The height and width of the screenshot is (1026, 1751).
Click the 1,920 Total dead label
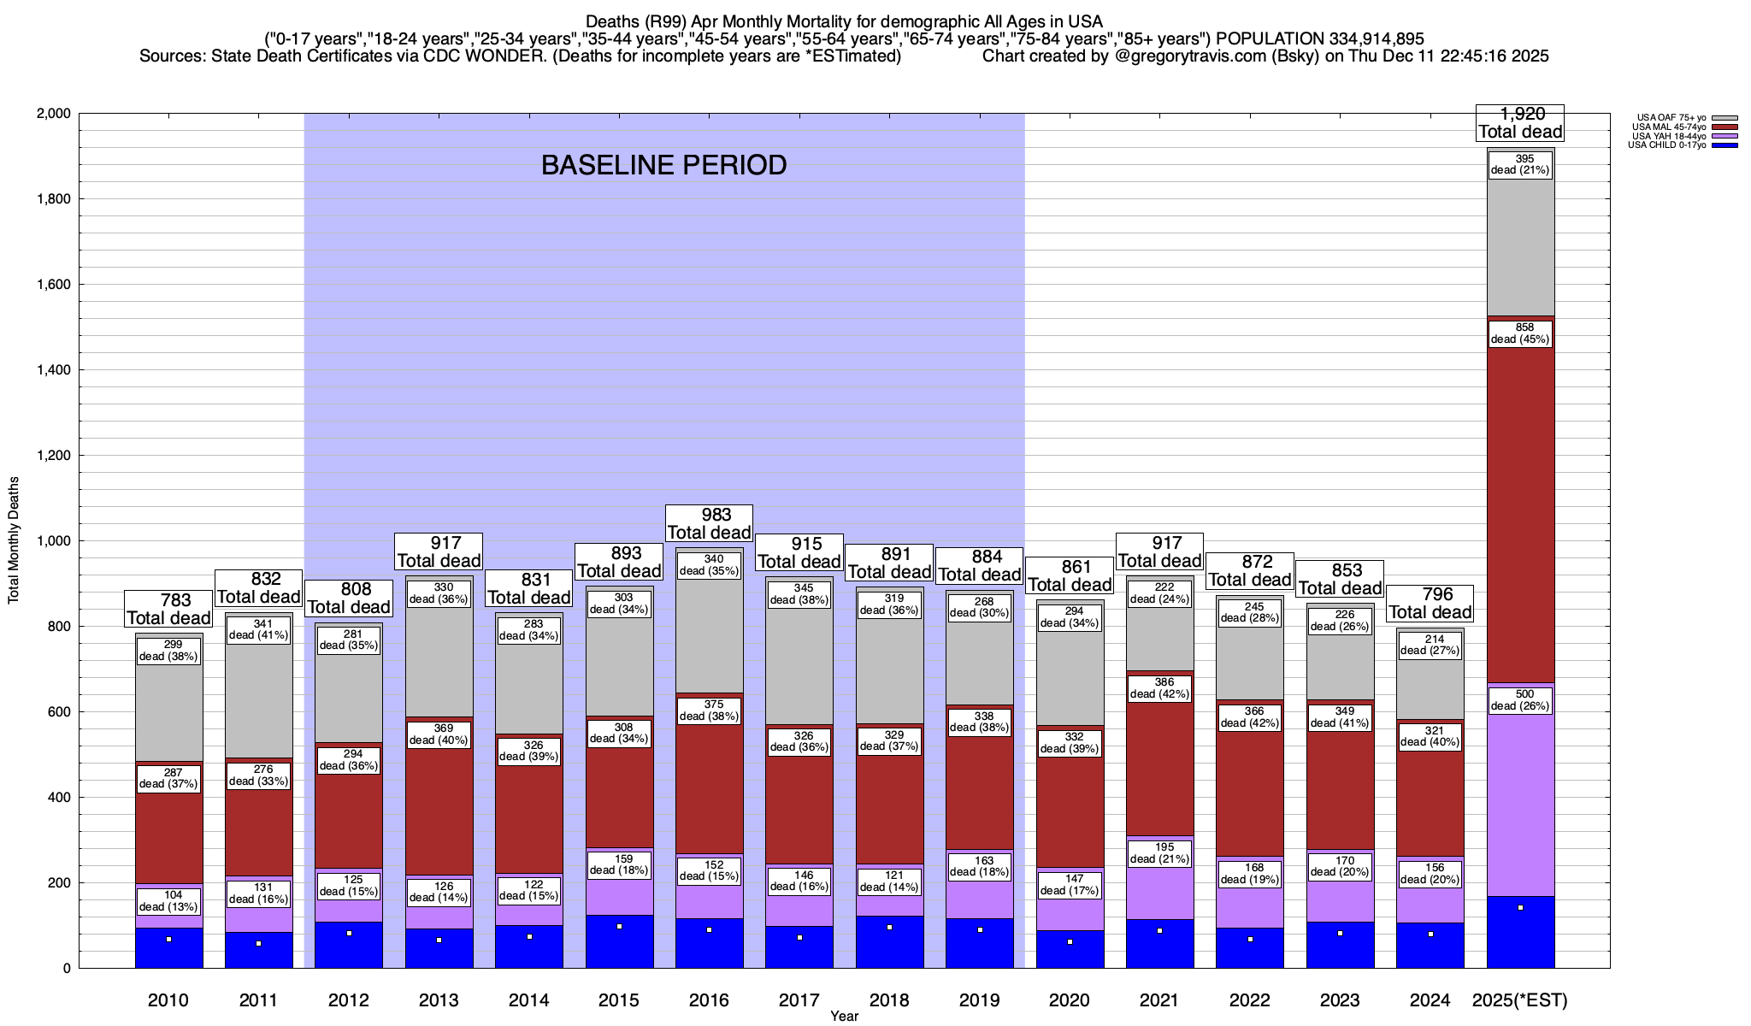click(1520, 123)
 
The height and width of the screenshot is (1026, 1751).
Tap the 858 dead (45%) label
click(1520, 333)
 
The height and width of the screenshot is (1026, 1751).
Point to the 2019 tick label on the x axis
click(979, 1000)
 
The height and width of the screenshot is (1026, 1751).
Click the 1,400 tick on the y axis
click(53, 370)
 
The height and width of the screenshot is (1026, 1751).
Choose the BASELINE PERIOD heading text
click(663, 165)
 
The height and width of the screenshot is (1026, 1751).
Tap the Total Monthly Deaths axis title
click(14, 540)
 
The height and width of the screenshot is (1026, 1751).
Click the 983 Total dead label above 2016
click(709, 523)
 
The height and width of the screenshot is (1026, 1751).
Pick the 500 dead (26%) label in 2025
click(1520, 700)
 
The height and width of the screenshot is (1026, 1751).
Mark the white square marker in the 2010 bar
click(169, 939)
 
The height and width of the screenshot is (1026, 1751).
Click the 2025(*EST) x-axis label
click(1520, 1000)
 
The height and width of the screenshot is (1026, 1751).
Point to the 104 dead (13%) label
click(169, 901)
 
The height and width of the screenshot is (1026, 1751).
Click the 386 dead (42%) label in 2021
click(1159, 688)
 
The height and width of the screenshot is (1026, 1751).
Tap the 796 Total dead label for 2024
click(1430, 604)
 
